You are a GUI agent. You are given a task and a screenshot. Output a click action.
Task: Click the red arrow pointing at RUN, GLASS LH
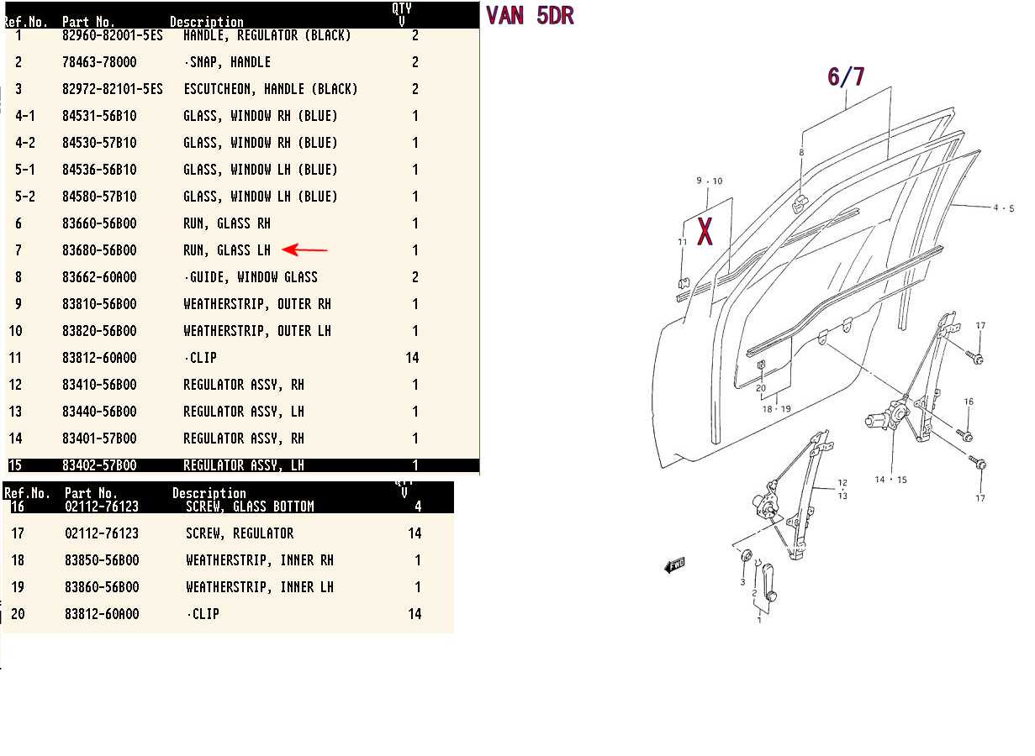[x=304, y=250]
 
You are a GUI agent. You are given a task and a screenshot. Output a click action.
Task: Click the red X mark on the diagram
[x=705, y=232]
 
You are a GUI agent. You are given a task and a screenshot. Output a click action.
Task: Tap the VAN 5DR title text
[x=530, y=16]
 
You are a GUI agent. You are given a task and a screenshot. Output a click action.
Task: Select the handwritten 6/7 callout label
[x=846, y=76]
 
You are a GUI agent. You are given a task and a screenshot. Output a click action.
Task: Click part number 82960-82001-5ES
[x=113, y=35]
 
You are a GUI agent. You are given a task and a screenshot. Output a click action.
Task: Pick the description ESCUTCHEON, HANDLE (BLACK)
[x=270, y=89]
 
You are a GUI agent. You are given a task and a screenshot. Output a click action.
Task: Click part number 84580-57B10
[x=99, y=197]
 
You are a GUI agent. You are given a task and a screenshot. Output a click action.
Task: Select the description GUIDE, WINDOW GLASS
[x=251, y=277]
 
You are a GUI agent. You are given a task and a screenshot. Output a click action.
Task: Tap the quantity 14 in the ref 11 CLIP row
[x=412, y=358]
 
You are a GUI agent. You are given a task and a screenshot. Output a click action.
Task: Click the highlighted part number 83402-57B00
[x=99, y=465]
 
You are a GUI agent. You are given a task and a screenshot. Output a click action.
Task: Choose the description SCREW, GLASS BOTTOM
[x=250, y=507]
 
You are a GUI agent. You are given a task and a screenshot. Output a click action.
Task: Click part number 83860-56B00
[x=102, y=587]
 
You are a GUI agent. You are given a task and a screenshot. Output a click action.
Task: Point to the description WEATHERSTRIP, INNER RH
[x=260, y=560]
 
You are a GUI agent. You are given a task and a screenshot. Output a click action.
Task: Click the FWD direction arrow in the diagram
[x=674, y=565]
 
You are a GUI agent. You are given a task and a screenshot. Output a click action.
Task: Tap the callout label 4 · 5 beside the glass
[x=1004, y=208]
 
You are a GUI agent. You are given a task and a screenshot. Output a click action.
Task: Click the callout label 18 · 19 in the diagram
[x=776, y=409]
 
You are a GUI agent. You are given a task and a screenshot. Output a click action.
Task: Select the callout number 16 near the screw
[x=969, y=402]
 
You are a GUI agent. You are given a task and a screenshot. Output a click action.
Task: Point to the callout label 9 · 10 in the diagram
[x=710, y=181]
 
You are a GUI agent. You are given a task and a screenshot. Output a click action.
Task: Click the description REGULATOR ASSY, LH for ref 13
[x=244, y=412]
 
